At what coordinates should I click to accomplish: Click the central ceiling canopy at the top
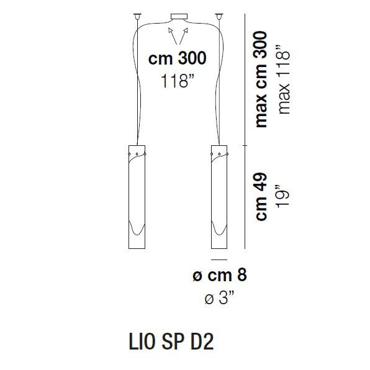click(180, 15)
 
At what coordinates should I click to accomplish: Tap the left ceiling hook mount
click(135, 15)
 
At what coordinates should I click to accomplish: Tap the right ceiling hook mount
click(219, 15)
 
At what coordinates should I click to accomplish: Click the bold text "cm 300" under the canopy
click(177, 59)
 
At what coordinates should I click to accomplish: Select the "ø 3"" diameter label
click(220, 299)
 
